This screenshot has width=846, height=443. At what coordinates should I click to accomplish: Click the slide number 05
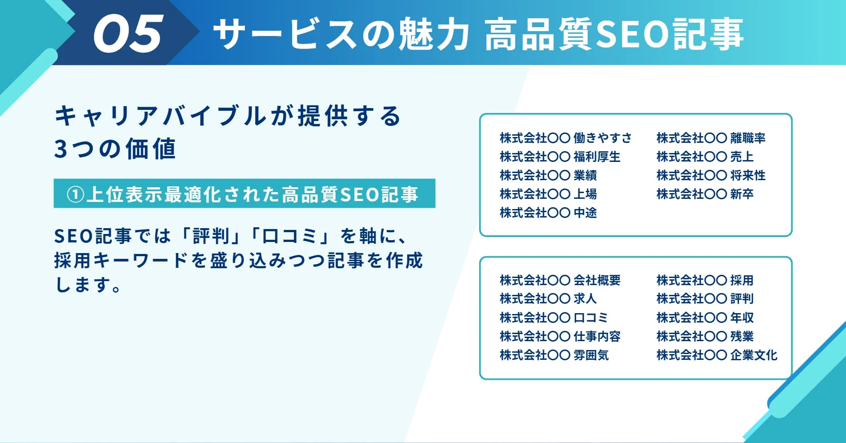[x=128, y=34]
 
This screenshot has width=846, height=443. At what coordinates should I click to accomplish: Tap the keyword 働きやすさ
[x=602, y=138]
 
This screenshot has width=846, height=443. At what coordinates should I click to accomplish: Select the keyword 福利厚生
[x=597, y=157]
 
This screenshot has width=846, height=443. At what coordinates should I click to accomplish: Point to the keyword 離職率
[x=748, y=138]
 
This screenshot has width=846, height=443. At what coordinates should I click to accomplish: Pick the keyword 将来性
[x=748, y=176]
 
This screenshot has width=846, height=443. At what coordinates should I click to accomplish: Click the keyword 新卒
[x=742, y=194]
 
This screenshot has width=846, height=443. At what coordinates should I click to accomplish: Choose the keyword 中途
[x=585, y=213]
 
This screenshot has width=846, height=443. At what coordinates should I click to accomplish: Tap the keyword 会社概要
[x=597, y=280]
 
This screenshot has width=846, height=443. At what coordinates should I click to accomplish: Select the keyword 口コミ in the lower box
[x=591, y=318]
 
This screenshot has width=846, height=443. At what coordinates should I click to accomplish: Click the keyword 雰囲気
[x=591, y=355]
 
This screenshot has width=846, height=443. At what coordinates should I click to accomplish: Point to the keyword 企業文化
[x=754, y=355]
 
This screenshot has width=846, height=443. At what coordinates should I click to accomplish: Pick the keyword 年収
[x=742, y=318]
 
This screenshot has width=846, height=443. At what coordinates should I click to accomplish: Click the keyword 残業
[x=742, y=336]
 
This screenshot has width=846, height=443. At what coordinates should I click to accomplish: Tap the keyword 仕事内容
[x=597, y=336]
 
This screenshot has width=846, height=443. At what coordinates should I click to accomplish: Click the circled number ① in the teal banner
[x=76, y=194]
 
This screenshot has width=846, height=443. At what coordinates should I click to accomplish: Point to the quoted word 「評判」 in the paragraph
[x=211, y=236]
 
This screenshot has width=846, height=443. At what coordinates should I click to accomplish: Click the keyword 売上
[x=742, y=157]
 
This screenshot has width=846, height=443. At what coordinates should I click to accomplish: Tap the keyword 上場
[x=585, y=194]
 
